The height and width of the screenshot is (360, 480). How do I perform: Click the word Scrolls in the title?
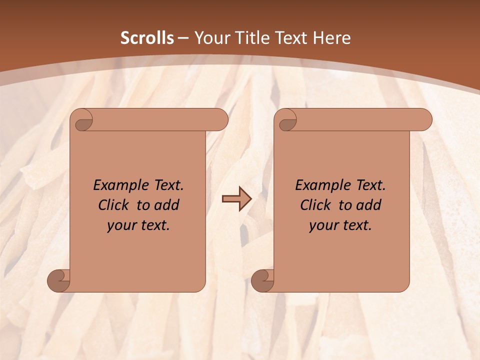click(x=147, y=38)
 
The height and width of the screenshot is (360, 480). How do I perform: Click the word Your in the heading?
click(x=210, y=38)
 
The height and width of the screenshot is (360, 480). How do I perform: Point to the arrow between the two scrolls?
click(x=236, y=199)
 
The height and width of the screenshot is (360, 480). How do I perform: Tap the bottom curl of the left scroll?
click(x=58, y=280)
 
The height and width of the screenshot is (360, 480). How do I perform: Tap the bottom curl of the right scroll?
click(x=262, y=280)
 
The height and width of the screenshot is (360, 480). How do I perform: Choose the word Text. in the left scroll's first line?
click(x=166, y=185)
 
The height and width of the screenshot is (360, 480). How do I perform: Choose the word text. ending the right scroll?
click(x=355, y=225)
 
